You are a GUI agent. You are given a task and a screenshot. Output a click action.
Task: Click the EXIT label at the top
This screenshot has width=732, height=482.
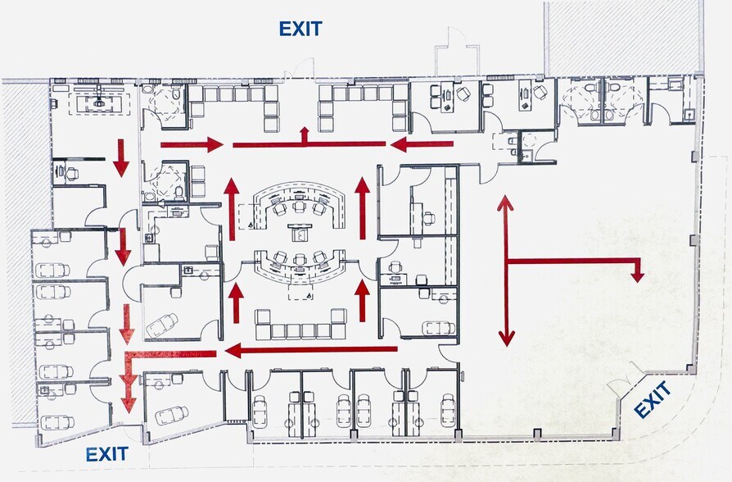click(x=300, y=29)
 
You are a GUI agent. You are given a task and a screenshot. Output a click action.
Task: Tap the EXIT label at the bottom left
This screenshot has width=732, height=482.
click(x=107, y=454)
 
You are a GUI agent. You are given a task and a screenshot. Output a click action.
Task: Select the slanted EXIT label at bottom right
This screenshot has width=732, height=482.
click(x=653, y=399)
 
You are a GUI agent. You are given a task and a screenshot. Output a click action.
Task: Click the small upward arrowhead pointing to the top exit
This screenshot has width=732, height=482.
click(x=305, y=131)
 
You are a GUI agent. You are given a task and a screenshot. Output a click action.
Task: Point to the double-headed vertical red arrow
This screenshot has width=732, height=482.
click(x=506, y=271)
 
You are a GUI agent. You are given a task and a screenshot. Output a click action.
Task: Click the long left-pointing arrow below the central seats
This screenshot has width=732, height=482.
click(x=311, y=349)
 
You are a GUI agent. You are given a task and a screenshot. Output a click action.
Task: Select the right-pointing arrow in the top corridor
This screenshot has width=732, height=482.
click(x=192, y=144)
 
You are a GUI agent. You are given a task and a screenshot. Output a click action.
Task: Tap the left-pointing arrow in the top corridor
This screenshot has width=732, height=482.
click(x=422, y=144)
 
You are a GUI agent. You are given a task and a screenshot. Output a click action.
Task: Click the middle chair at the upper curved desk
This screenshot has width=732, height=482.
click(x=299, y=207)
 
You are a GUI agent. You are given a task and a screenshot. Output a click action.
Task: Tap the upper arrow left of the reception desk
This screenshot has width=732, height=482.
click(x=232, y=209)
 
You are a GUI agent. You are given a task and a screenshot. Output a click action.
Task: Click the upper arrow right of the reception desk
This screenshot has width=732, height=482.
click(x=362, y=208)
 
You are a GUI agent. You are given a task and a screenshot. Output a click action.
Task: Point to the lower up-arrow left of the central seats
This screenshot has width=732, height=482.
click(x=236, y=303)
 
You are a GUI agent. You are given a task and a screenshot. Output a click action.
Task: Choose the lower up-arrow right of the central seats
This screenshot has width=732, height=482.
click(x=362, y=301)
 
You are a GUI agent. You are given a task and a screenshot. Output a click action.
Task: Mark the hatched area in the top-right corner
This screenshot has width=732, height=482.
click(x=624, y=38)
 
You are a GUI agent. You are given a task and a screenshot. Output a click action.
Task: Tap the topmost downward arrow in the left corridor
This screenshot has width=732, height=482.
click(x=121, y=158)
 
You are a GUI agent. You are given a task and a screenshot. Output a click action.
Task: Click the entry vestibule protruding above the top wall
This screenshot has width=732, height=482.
click(x=458, y=52)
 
